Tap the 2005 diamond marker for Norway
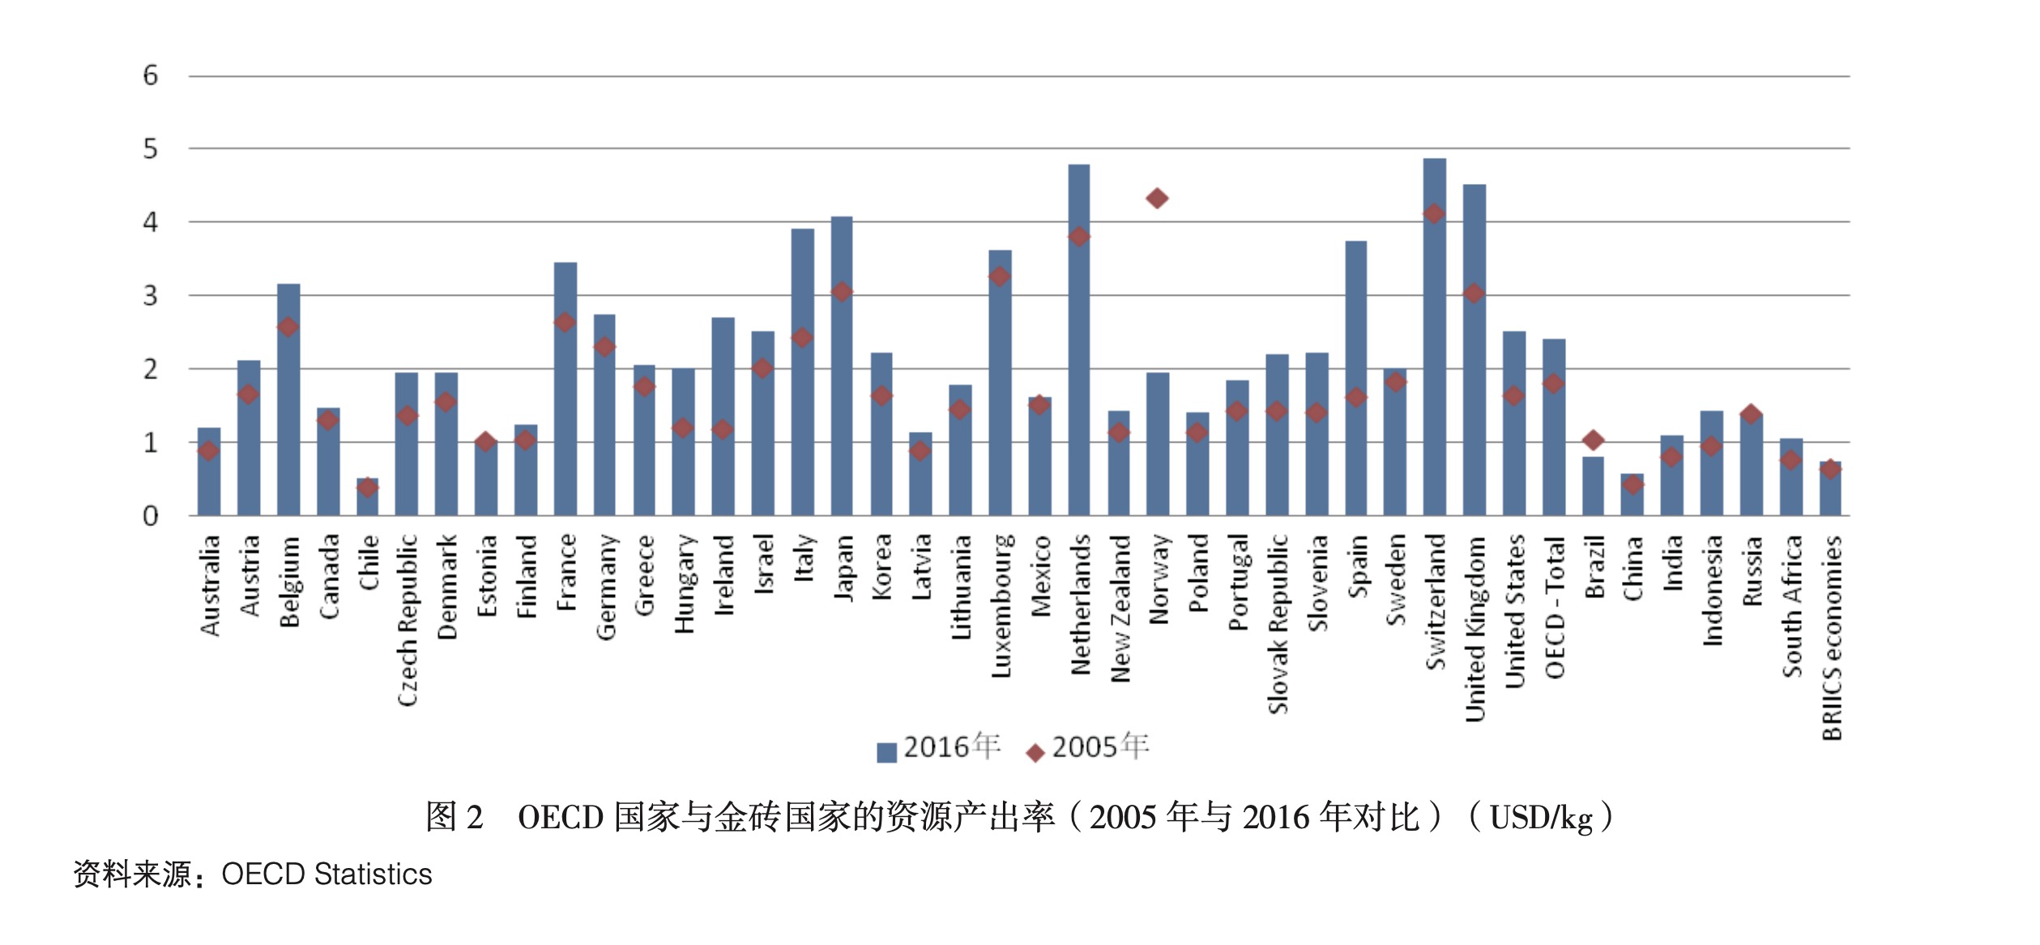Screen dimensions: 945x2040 tap(1157, 198)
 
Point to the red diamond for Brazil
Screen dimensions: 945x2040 tap(1593, 440)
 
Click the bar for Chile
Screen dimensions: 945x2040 tap(367, 498)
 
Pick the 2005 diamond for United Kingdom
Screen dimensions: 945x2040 tap(1474, 293)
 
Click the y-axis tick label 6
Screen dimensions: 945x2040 tap(150, 76)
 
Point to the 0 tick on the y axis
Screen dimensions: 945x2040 tap(150, 516)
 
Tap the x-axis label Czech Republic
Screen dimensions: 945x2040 tap(407, 620)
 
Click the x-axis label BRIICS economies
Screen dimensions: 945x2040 tap(1831, 638)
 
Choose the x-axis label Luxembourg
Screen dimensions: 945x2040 tap(1001, 605)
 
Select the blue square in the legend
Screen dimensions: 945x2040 tap(886, 752)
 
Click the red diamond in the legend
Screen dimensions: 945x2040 tap(1035, 753)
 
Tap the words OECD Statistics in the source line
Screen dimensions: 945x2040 tap(326, 874)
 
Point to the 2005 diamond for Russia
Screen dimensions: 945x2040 tap(1751, 414)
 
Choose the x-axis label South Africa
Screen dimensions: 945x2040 tap(1791, 605)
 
